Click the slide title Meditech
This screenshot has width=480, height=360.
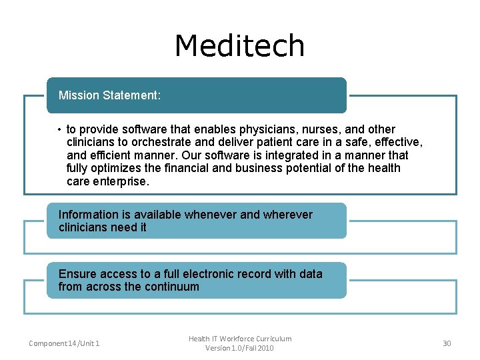pyautogui.click(x=239, y=46)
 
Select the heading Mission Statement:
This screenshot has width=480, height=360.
pyautogui.click(x=109, y=95)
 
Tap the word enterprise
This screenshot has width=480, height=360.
pyautogui.click(x=121, y=181)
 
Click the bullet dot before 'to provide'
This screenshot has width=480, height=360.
pyautogui.click(x=59, y=129)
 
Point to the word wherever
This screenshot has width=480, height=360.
pyautogui.click(x=288, y=215)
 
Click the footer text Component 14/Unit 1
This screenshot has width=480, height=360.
pyautogui.click(x=64, y=343)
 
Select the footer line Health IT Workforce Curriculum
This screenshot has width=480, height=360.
pyautogui.click(x=240, y=339)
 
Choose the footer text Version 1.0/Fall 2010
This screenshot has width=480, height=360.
pyautogui.click(x=240, y=348)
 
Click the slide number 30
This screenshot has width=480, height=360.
pyautogui.click(x=447, y=343)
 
